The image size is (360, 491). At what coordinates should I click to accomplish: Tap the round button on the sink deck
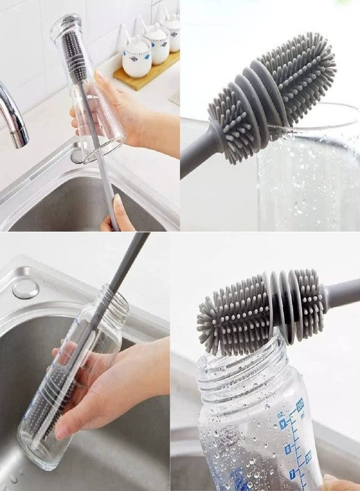[26, 289]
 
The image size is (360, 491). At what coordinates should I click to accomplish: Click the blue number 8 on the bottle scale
[287, 448]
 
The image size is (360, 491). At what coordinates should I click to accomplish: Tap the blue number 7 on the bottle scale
[292, 474]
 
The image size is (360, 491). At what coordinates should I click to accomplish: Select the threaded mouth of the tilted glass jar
[112, 303]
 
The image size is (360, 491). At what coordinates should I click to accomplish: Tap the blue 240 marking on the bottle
[299, 406]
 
